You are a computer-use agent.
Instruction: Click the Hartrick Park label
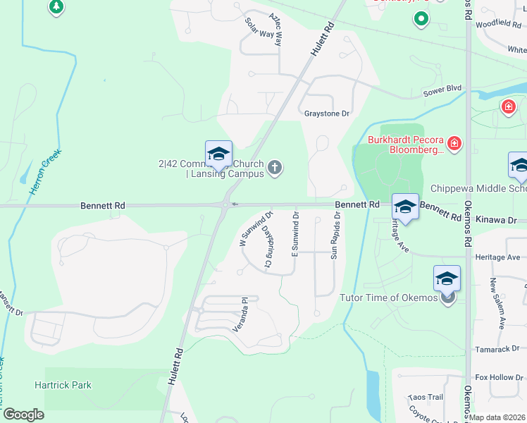coord(63,386)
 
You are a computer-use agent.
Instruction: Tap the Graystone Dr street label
coord(327,114)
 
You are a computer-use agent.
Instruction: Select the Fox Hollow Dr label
coord(494,377)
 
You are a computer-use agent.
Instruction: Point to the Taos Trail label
coord(426,397)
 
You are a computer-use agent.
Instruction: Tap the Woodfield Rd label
coord(498,23)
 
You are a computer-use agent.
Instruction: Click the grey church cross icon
coord(275,167)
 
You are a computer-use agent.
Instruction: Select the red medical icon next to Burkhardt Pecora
coord(455,145)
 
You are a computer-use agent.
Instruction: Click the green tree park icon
coord(56,7)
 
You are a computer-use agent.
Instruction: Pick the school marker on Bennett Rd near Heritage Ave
coord(405,207)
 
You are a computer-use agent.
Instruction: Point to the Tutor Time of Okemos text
coord(389,298)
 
